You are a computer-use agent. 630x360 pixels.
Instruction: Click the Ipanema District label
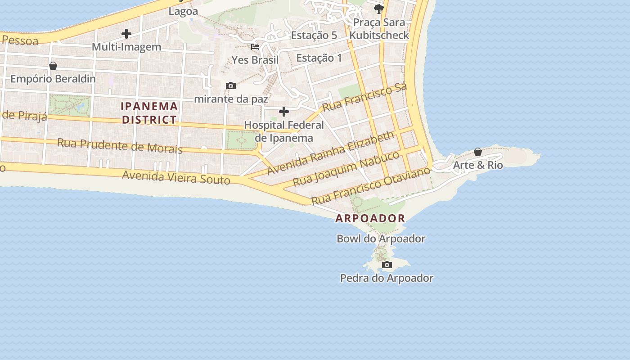tap(149, 113)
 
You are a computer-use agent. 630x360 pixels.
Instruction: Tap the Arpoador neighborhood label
tap(370, 219)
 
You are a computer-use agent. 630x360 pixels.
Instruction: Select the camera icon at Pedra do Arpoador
tap(387, 265)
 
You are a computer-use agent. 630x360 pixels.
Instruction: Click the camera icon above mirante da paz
tap(231, 85)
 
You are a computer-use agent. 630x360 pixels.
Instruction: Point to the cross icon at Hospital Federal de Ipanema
tap(284, 111)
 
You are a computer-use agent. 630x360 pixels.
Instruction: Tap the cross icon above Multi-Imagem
tap(126, 34)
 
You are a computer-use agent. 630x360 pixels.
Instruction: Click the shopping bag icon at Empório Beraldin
tap(53, 66)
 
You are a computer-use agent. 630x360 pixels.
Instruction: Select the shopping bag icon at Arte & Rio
tap(478, 152)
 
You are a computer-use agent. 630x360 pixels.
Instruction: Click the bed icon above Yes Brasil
tap(255, 46)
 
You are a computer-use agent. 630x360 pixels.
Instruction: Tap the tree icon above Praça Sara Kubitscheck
tap(379, 9)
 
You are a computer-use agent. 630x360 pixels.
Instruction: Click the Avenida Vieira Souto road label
tap(176, 177)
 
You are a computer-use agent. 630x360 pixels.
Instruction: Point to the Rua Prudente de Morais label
tap(120, 146)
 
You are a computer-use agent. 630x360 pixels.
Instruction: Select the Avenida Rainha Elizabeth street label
tap(331, 153)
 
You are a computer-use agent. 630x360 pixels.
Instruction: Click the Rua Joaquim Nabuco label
tap(346, 169)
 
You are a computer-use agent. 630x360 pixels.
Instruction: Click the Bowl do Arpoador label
tap(381, 239)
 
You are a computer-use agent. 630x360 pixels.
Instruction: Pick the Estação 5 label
tap(314, 35)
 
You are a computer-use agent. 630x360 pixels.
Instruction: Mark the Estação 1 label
tap(319, 58)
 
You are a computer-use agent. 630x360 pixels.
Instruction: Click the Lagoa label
tap(183, 11)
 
